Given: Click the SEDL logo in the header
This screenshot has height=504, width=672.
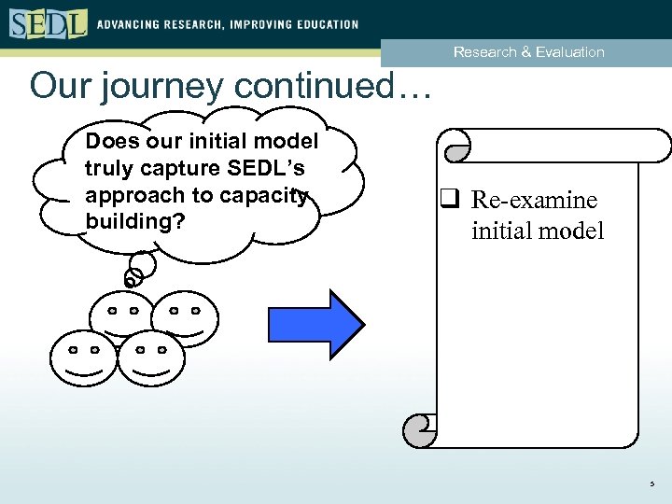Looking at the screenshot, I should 48,22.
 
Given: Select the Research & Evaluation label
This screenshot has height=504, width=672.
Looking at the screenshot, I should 528,52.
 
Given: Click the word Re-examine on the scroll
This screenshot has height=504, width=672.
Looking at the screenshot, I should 534,201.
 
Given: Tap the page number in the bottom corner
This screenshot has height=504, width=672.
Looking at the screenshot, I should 652,483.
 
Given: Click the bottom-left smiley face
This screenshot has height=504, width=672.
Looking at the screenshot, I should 84,357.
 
